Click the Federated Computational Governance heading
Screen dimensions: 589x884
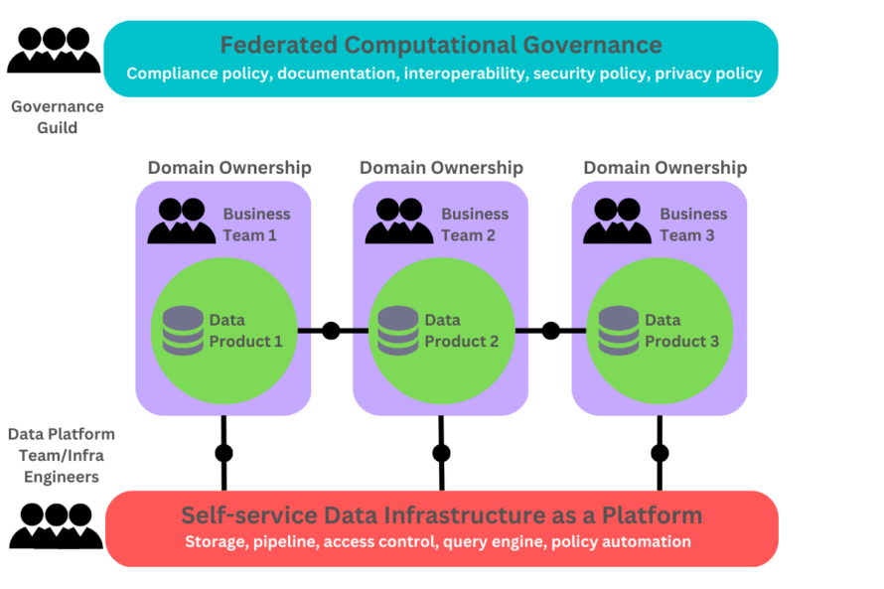pyautogui.click(x=440, y=45)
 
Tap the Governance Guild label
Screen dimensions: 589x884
pyautogui.click(x=58, y=116)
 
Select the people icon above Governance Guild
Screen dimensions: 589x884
pyautogui.click(x=56, y=50)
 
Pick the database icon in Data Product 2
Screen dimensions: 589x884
pyautogui.click(x=398, y=331)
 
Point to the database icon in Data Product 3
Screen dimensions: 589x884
pyautogui.click(x=619, y=331)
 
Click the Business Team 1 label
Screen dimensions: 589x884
pyautogui.click(x=256, y=224)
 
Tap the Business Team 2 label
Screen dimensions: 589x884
pyautogui.click(x=475, y=224)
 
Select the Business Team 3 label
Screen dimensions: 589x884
pyautogui.click(x=693, y=224)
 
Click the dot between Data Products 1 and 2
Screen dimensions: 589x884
pyautogui.click(x=331, y=331)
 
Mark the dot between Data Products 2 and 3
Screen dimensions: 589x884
pyautogui.click(x=550, y=331)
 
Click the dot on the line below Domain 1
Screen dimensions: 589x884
pyautogui.click(x=223, y=453)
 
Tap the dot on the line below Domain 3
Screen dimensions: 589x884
pyautogui.click(x=660, y=453)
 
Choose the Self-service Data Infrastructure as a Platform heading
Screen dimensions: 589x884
pyautogui.click(x=441, y=515)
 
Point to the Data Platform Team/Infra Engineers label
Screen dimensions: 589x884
pyautogui.click(x=62, y=455)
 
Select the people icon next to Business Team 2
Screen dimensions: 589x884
pyautogui.click(x=398, y=222)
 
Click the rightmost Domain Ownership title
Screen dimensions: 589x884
pyautogui.click(x=664, y=168)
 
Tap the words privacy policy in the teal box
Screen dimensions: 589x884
pyautogui.click(x=708, y=74)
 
